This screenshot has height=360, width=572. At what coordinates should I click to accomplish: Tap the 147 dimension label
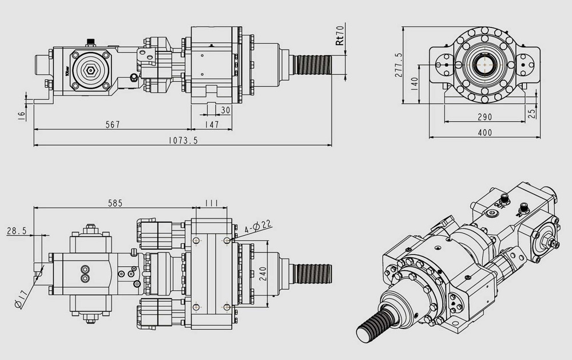pyautogui.click(x=212, y=124)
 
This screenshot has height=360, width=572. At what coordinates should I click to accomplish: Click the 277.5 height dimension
pyautogui.click(x=399, y=65)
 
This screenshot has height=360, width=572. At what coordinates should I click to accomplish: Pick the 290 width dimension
pyautogui.click(x=484, y=117)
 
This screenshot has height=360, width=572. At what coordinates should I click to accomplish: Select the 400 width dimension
pyautogui.click(x=484, y=133)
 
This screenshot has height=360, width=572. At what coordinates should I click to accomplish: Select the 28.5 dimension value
pyautogui.click(x=17, y=231)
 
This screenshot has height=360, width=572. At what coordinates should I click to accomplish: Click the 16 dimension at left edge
pyautogui.click(x=22, y=114)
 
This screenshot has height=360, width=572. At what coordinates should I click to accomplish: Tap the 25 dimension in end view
pyautogui.click(x=533, y=113)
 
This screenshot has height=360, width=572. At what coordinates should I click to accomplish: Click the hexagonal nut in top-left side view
pyautogui.click(x=89, y=70)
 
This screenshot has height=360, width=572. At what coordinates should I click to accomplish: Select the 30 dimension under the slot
pyautogui.click(x=225, y=110)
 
